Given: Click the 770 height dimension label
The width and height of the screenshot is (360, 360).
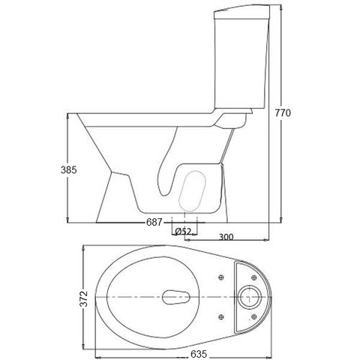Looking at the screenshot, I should pos(282,112).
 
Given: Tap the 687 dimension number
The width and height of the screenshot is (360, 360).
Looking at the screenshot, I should pos(154,223).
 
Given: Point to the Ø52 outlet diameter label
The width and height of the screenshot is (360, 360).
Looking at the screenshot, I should pos(182,232).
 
